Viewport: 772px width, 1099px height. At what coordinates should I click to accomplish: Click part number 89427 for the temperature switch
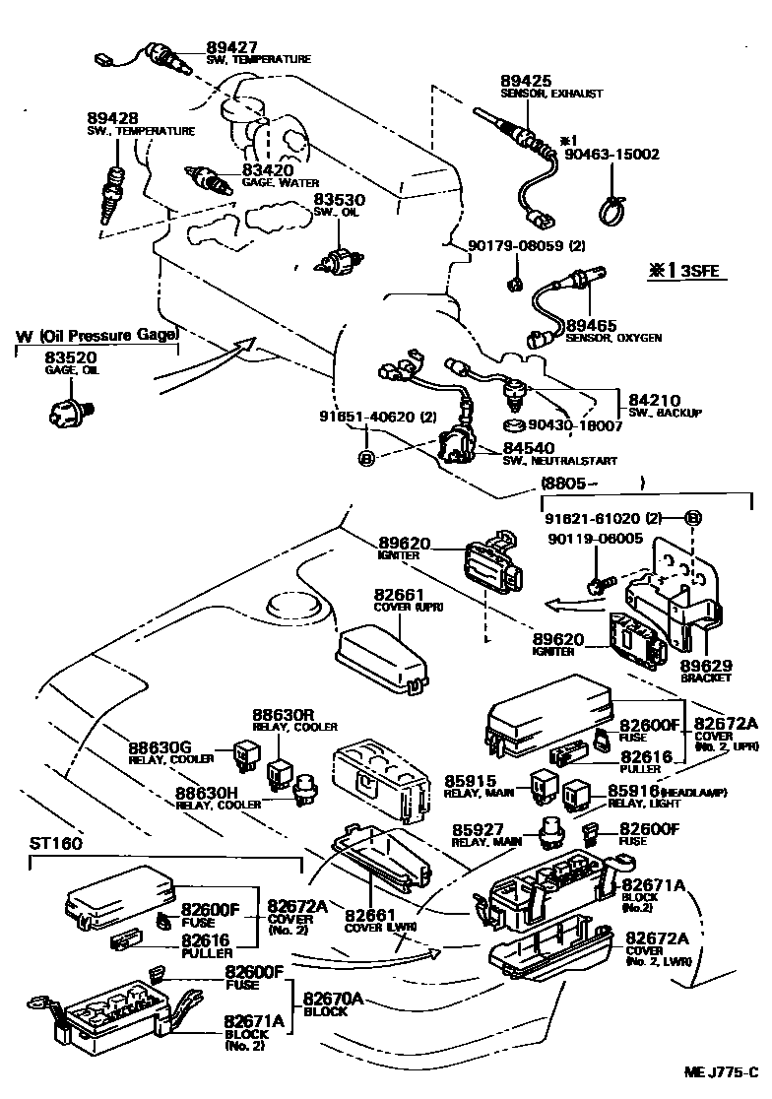[232, 46]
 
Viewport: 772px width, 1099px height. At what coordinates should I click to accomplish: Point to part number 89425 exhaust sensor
[525, 81]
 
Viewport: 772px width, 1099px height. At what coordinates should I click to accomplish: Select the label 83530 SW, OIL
[340, 199]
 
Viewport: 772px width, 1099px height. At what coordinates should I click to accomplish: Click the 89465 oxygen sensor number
[592, 324]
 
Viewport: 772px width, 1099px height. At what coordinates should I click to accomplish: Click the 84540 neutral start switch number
[530, 448]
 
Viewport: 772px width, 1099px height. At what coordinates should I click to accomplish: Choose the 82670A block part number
[333, 999]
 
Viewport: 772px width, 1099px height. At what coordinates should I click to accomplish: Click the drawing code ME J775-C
[722, 1070]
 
